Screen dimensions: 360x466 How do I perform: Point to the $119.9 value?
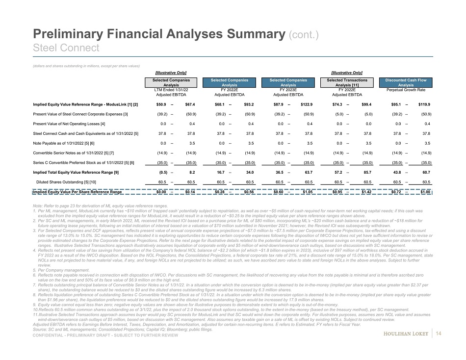(x=424, y=104)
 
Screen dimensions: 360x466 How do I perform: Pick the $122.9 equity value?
(x=307, y=104)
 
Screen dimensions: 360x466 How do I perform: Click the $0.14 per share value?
(x=190, y=192)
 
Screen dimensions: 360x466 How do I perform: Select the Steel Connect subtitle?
(x=66, y=48)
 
